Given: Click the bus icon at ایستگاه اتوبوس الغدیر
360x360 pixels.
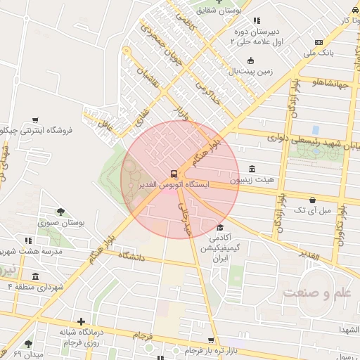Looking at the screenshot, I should (173, 173).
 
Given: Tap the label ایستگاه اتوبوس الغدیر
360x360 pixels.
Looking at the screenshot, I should (173, 185).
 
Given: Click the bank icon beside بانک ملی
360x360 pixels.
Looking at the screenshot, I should (319, 42).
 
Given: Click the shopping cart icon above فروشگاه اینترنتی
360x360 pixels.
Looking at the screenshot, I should (35, 120).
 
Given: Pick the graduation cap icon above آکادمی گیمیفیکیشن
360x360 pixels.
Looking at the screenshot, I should (220, 227).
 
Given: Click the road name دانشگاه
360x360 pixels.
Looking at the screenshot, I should (131, 257).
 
